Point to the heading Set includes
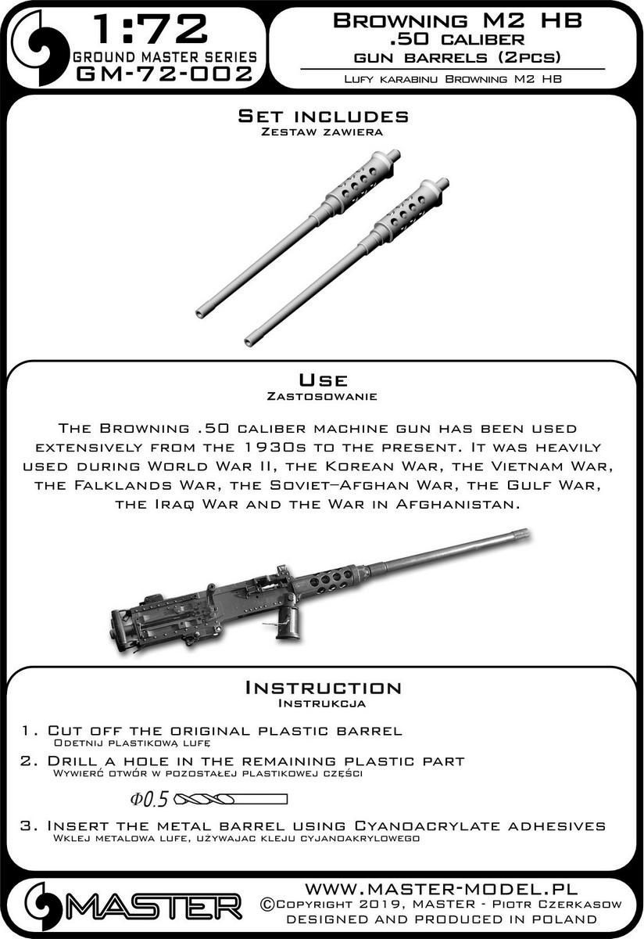323,117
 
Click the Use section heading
323,381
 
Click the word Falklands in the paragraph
148,486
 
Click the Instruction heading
323,688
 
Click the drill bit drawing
231,799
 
